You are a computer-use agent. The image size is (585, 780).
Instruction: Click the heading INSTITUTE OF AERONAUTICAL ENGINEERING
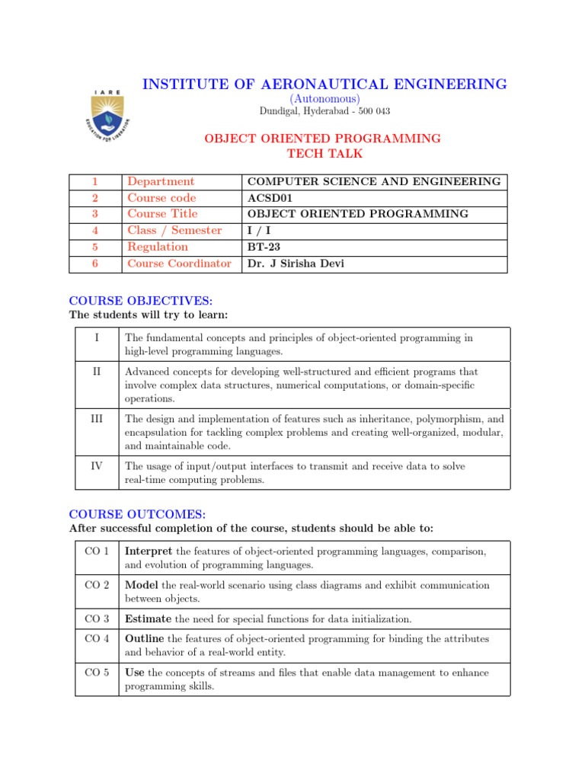click(324, 85)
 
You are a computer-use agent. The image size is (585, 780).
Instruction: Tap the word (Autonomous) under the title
click(324, 99)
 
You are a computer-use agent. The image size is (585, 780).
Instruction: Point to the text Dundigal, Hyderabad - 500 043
click(324, 111)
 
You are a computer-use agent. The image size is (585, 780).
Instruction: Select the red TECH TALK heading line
click(324, 154)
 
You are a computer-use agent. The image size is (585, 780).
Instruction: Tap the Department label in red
click(161, 181)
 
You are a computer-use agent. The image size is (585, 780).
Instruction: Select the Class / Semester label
click(174, 230)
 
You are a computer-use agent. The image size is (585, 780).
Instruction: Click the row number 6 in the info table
click(95, 264)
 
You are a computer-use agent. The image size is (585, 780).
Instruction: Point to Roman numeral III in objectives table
click(97, 419)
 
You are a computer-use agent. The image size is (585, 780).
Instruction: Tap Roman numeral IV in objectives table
click(97, 466)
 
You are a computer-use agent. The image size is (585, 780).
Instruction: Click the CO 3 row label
click(97, 619)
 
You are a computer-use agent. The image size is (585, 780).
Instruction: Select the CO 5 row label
click(97, 673)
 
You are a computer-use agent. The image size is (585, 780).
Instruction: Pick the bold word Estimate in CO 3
click(148, 619)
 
